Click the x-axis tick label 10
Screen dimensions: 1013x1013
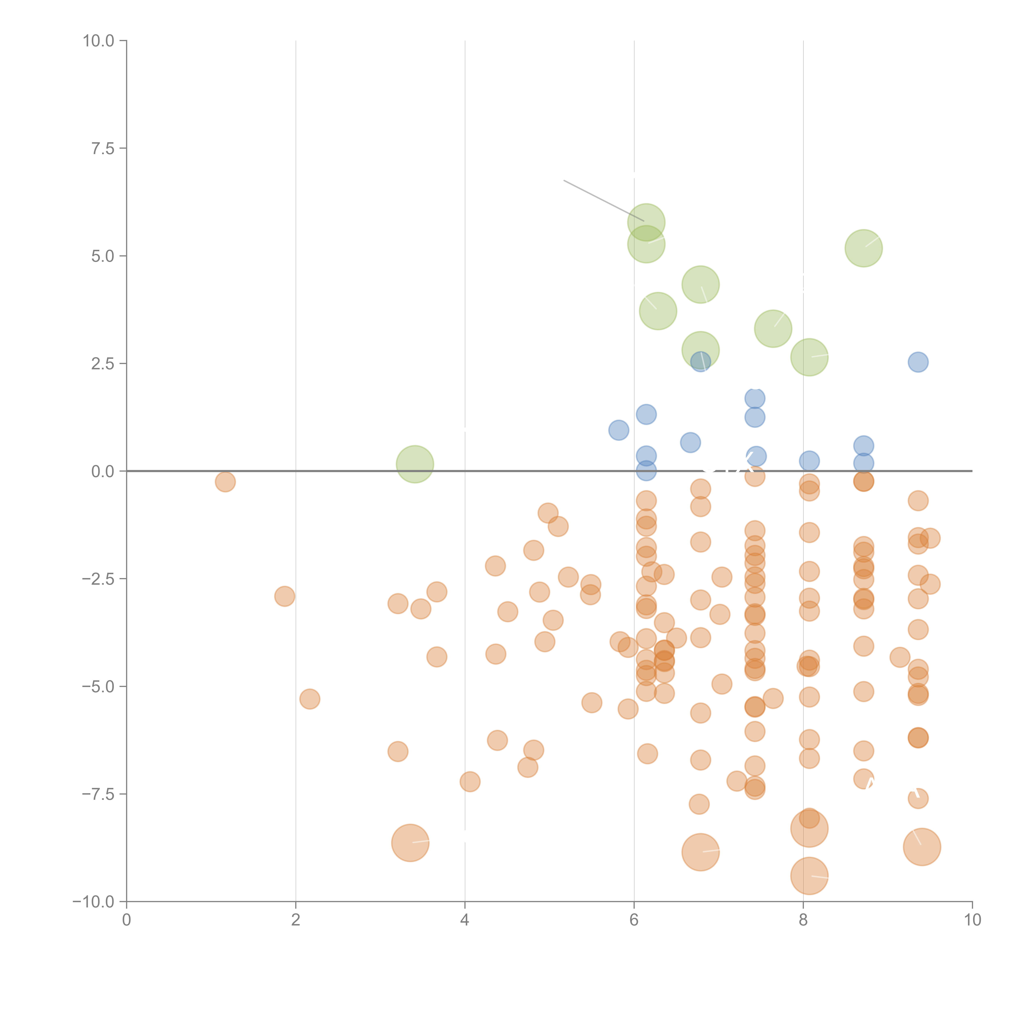[972, 920]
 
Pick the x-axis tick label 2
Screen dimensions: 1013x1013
[296, 920]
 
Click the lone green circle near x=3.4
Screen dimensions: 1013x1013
[415, 464]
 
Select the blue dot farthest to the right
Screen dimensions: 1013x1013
[918, 362]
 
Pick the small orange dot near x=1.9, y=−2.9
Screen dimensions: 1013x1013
[284, 596]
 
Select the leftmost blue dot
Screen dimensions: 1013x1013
[619, 430]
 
